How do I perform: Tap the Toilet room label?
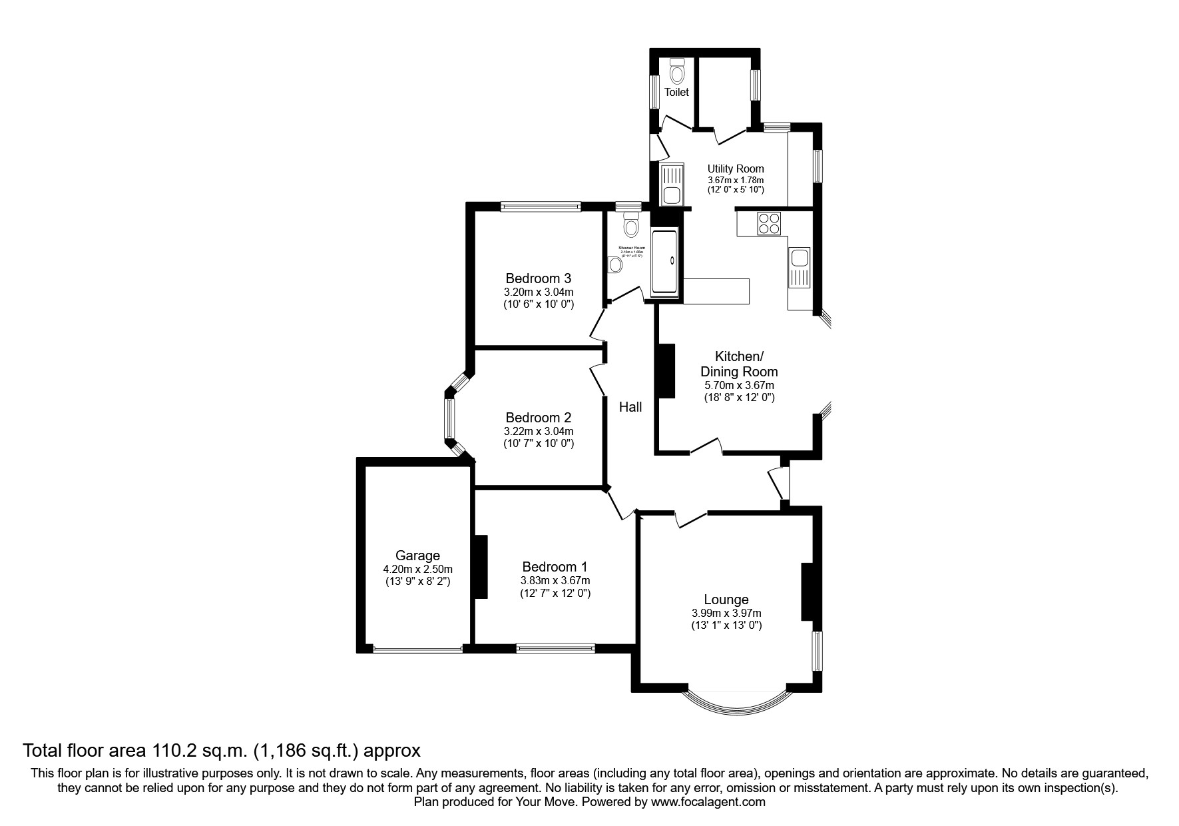click(x=676, y=93)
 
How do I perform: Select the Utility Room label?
click(x=735, y=169)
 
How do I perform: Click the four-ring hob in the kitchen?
click(x=769, y=222)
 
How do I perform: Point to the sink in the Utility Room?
click(x=670, y=185)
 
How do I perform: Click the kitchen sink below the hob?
click(x=798, y=267)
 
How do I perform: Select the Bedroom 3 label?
click(x=538, y=278)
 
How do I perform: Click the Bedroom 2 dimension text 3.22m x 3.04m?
click(x=538, y=431)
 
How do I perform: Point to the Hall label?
click(x=630, y=407)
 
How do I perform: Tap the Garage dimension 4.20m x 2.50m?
click(x=417, y=569)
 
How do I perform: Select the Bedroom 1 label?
click(x=555, y=567)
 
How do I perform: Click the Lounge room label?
click(x=726, y=600)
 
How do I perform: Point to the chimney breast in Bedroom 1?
click(x=481, y=566)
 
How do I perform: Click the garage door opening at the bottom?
click(x=417, y=649)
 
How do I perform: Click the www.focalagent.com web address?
click(x=708, y=802)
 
